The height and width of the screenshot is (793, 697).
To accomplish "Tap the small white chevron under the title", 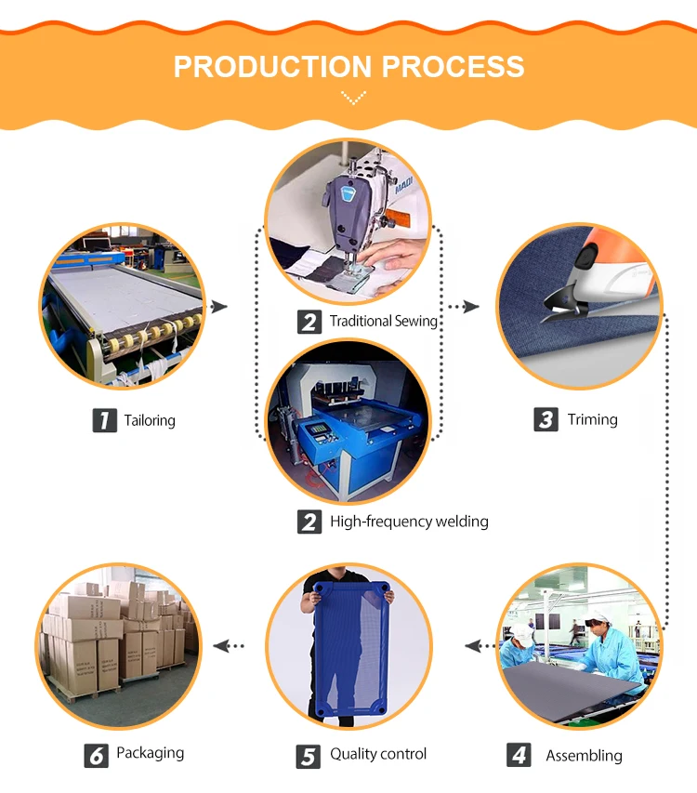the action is pos(353,96).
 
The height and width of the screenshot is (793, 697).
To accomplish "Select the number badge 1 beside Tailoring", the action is pos(105,420).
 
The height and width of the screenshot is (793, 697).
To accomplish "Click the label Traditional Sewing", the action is pos(383,321).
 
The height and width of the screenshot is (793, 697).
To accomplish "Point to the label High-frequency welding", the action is pos(409,522).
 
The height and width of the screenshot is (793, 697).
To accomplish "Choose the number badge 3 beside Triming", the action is pos(546,419).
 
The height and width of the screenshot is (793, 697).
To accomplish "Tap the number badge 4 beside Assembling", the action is pos(519,755).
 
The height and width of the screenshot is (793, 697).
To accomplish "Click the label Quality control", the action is pos(378,754).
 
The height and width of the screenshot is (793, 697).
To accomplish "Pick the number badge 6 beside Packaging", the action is pos(97,754).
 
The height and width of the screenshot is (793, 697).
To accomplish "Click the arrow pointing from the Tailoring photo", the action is pos(220,307).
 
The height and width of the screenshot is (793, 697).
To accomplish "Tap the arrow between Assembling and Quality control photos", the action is pos(475,645).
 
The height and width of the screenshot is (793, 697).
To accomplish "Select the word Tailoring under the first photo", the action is pos(150,420).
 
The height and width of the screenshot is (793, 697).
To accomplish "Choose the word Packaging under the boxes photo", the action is pos(150,753).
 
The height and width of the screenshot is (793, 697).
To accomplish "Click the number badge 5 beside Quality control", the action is pos(309,755).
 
